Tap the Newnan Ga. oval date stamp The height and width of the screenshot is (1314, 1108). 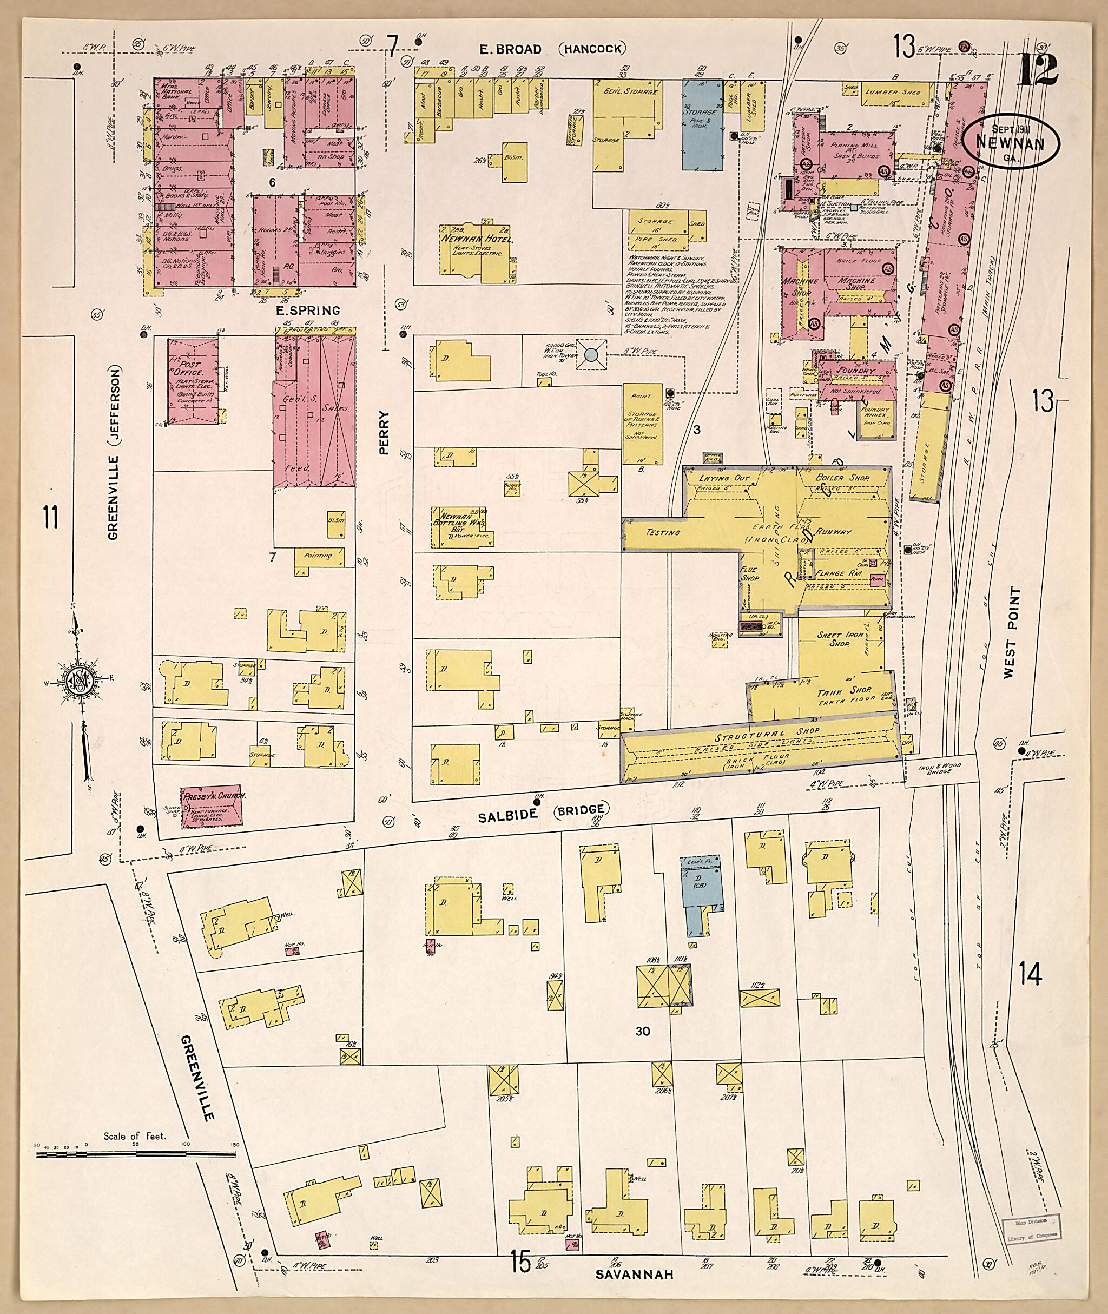tap(1010, 143)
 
